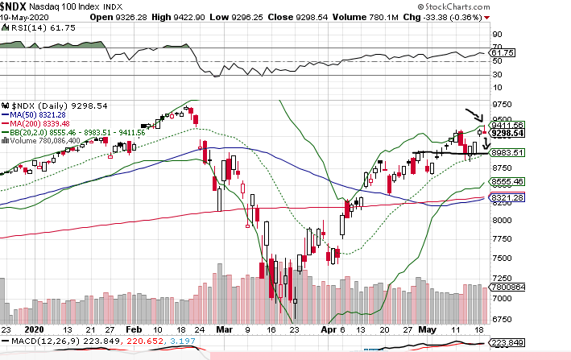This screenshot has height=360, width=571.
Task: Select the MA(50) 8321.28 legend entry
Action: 39,114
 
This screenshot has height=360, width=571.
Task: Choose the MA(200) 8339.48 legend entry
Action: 41,123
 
